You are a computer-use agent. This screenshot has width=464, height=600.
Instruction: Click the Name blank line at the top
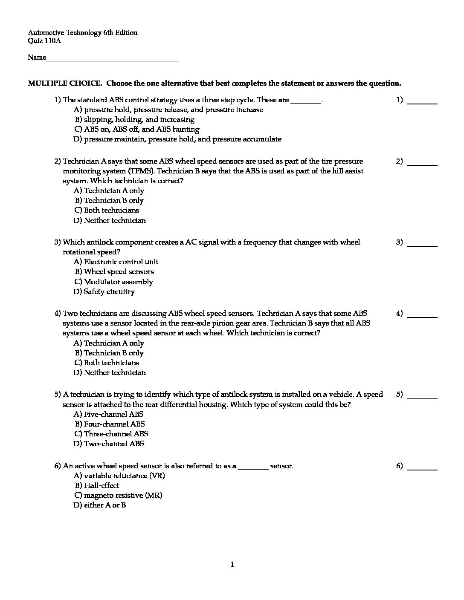pyautogui.click(x=113, y=60)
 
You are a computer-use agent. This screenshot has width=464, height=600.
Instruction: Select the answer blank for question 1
pyautogui.click(x=422, y=102)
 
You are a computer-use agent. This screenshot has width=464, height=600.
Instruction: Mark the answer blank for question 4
pyautogui.click(x=422, y=316)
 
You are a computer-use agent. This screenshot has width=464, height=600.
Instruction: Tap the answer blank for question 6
pyautogui.click(x=422, y=468)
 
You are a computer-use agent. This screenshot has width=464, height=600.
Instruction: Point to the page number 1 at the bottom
pyautogui.click(x=232, y=565)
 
